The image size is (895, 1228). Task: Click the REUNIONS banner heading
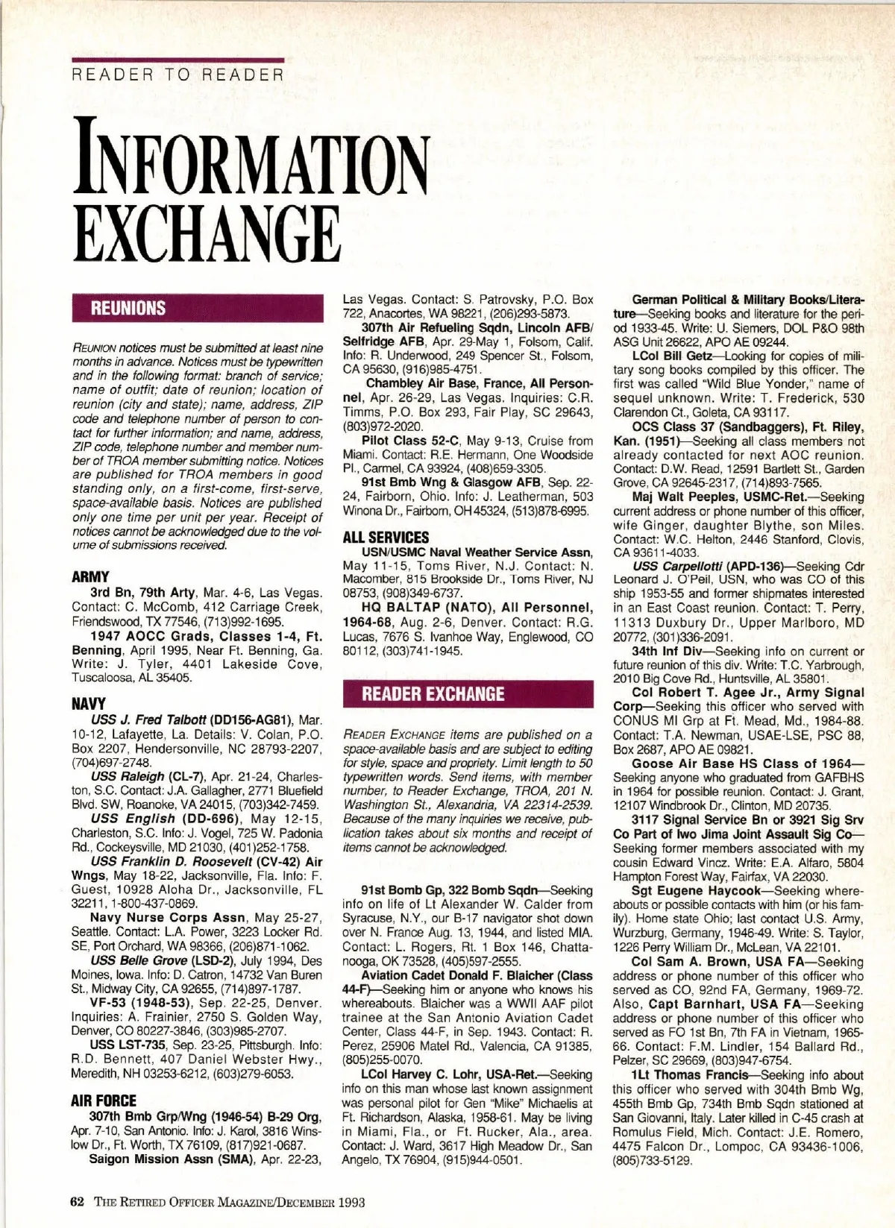point(128,308)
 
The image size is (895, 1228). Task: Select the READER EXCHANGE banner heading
point(433,693)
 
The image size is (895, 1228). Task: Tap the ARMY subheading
point(91,576)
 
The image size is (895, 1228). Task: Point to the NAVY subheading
point(89,703)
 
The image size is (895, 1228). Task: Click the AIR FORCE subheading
point(104,1100)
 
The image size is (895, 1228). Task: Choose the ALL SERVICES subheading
point(386,537)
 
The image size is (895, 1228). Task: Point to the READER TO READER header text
point(177,75)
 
